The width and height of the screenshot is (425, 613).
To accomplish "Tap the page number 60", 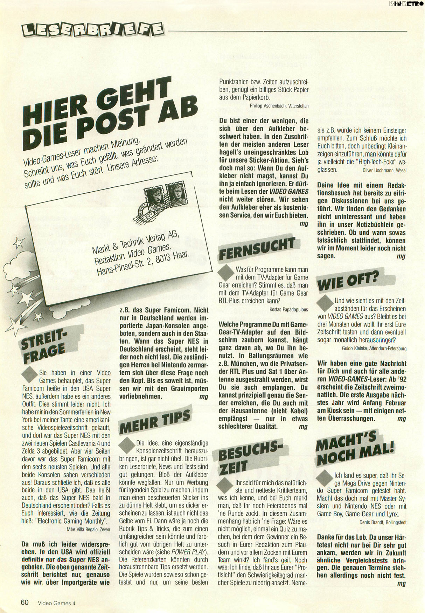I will [x=25, y=602].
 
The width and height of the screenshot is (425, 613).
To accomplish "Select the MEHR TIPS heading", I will [x=155, y=421].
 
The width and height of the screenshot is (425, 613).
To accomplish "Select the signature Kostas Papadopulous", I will [x=289, y=309].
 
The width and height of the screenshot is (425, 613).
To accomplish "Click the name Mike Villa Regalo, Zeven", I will [x=88, y=529].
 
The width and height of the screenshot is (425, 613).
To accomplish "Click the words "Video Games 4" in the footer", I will [x=57, y=603].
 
